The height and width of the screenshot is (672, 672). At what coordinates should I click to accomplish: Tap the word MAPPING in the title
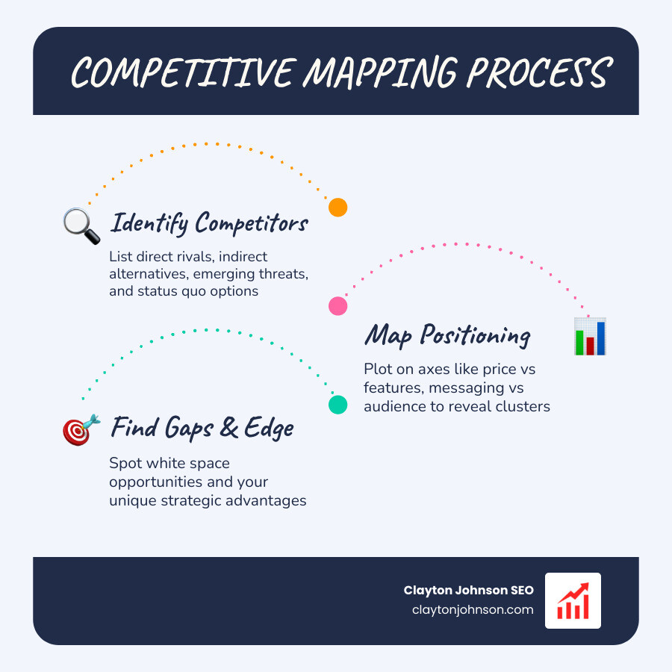tap(380, 73)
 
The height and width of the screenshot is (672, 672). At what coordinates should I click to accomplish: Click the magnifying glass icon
tap(81, 225)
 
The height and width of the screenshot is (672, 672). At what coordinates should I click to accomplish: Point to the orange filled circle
tap(338, 208)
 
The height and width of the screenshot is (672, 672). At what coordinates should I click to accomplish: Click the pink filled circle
tap(338, 305)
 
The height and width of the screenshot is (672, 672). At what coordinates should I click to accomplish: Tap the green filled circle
tap(338, 405)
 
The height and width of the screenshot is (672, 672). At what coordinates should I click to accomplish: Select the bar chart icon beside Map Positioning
tap(590, 336)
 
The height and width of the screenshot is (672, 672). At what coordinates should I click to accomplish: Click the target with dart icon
tap(81, 429)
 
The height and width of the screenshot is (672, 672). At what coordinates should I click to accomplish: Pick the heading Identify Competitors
tap(208, 223)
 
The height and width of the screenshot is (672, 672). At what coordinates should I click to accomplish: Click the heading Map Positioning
tap(447, 335)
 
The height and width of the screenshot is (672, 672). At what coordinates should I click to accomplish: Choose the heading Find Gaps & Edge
tap(202, 429)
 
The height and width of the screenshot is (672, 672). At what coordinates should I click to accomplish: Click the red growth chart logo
tap(573, 600)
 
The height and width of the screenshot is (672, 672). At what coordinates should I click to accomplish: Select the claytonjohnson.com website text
tap(473, 609)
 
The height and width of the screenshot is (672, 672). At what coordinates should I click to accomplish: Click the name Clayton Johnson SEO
tap(469, 590)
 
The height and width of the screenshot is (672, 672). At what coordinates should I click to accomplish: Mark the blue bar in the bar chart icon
tap(600, 337)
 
